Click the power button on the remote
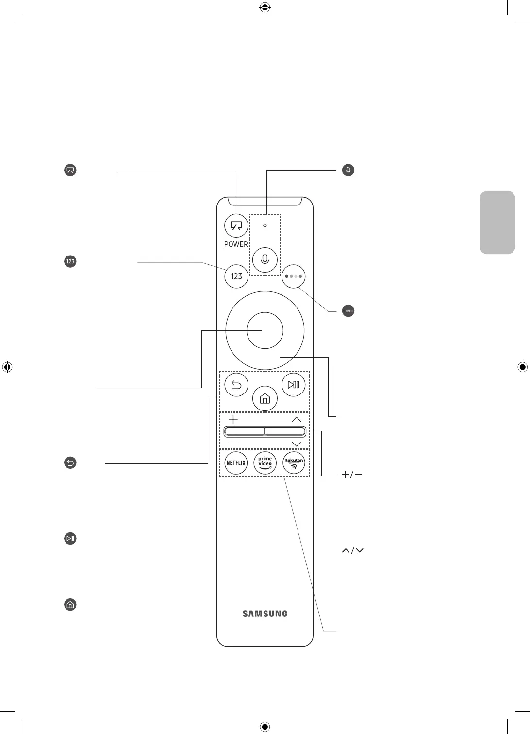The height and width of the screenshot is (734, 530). click(x=236, y=226)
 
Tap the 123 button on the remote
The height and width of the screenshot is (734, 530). click(x=236, y=276)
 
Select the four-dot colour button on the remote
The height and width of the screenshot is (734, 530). click(x=294, y=276)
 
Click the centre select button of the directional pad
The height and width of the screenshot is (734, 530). click(x=265, y=330)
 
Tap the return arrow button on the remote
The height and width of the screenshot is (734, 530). click(x=236, y=385)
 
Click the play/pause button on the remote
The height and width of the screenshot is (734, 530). click(x=293, y=385)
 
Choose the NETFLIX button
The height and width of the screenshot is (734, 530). click(x=236, y=463)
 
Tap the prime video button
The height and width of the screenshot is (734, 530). click(x=265, y=463)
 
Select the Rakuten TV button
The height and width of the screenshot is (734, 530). click(x=294, y=463)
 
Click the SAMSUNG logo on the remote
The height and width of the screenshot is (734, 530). click(x=265, y=614)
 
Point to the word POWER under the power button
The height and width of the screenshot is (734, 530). click(x=236, y=244)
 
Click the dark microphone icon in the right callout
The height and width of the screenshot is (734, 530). click(x=348, y=170)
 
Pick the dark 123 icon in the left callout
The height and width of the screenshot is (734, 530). click(x=70, y=261)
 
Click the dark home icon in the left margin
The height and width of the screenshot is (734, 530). click(x=70, y=605)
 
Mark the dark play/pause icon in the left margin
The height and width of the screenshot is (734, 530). click(x=70, y=538)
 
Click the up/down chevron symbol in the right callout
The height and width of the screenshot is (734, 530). click(x=353, y=550)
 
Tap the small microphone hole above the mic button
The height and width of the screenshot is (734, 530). click(x=265, y=225)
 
